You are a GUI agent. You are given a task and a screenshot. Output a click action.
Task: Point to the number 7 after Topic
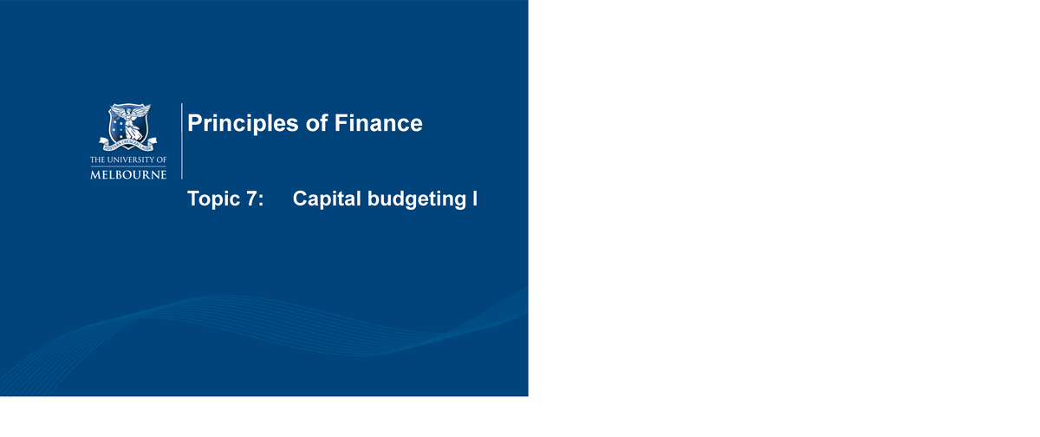coord(250,199)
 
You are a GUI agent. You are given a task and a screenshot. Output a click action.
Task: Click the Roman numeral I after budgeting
coord(475,199)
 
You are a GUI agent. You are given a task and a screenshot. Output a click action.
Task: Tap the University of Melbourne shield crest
coord(129,126)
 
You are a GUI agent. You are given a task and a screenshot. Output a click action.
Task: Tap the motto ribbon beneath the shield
coord(129,144)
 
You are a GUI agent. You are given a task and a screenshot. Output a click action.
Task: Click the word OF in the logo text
coord(162,160)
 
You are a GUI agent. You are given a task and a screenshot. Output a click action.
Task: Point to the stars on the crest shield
coord(117,126)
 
